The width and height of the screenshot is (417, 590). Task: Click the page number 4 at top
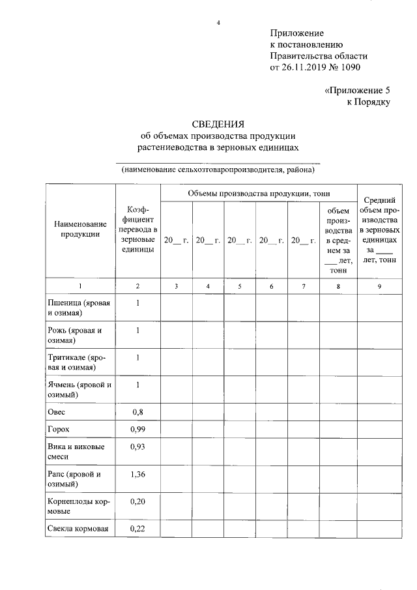[x=218, y=24]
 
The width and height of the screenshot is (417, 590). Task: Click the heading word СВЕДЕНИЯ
[x=218, y=125]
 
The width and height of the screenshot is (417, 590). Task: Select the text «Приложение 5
[x=356, y=91]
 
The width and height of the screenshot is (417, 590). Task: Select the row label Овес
[x=57, y=412]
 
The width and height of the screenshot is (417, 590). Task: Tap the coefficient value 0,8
[x=137, y=412]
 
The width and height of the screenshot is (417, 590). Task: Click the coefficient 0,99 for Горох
[x=137, y=430]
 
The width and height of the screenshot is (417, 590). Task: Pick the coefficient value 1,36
[x=137, y=474]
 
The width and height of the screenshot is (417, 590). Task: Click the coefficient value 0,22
[x=137, y=528]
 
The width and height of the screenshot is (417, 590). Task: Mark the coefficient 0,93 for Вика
[x=137, y=447]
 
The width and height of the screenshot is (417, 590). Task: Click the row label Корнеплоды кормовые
[x=78, y=507]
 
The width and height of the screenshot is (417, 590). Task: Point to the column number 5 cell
[x=240, y=286]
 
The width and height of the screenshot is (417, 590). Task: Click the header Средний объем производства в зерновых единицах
[x=379, y=230]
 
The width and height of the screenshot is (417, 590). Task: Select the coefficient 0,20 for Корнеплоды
[x=137, y=501]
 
